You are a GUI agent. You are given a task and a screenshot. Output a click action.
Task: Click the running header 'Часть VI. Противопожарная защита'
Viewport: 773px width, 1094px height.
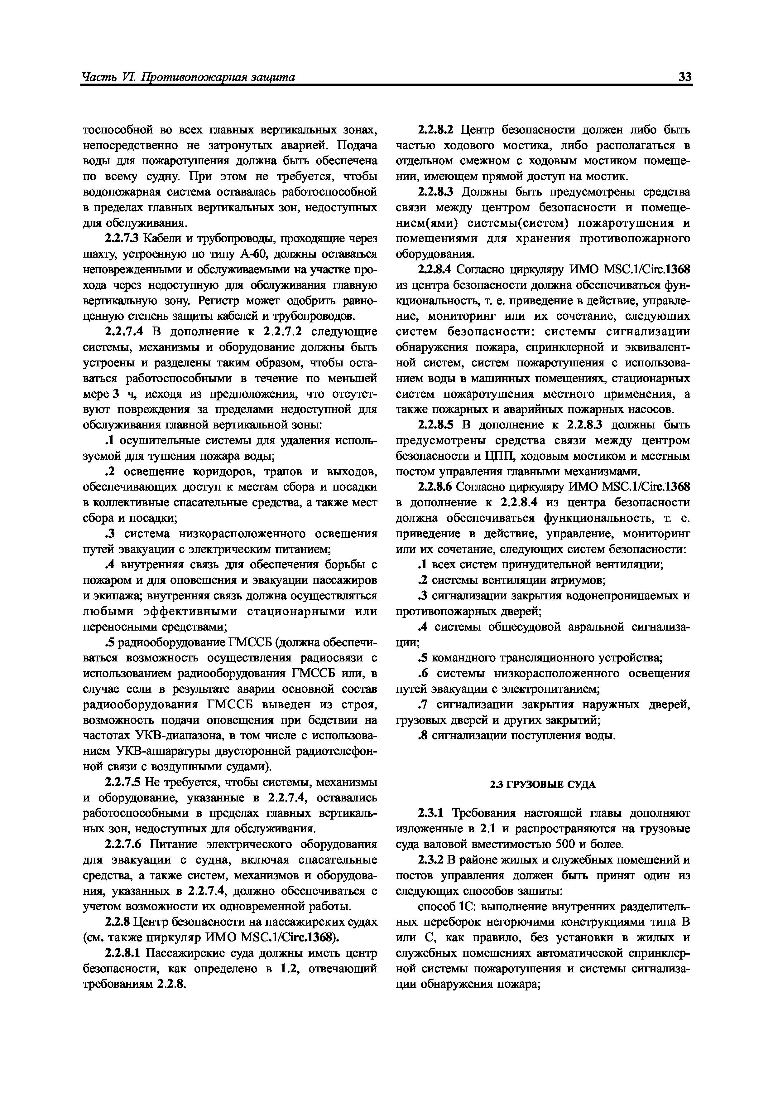coord(189,77)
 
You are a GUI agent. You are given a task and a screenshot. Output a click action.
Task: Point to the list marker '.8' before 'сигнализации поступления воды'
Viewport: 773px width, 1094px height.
coord(421,736)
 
